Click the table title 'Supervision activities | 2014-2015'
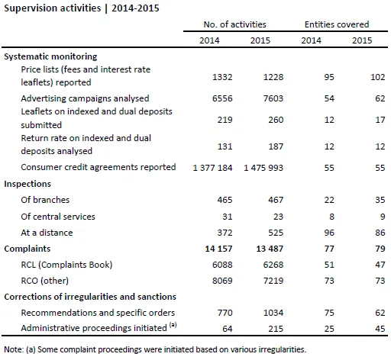click(x=82, y=8)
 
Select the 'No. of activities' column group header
click(x=234, y=24)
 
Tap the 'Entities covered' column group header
click(x=337, y=24)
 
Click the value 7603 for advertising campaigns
click(x=273, y=98)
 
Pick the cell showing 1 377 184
click(x=212, y=168)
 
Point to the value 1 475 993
click(x=263, y=168)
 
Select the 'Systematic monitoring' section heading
click(x=50, y=56)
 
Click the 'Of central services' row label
click(x=58, y=217)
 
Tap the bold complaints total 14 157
click(x=218, y=249)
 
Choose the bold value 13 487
click(x=270, y=249)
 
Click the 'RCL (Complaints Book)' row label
click(x=66, y=265)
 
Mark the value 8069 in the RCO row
click(x=222, y=281)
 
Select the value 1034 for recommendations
click(x=273, y=313)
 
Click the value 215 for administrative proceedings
click(x=276, y=329)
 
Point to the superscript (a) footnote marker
click(x=173, y=325)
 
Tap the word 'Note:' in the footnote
click(x=14, y=349)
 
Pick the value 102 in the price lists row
click(x=377, y=77)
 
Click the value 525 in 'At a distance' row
click(x=276, y=233)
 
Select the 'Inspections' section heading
click(x=27, y=184)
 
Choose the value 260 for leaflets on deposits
click(x=276, y=120)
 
